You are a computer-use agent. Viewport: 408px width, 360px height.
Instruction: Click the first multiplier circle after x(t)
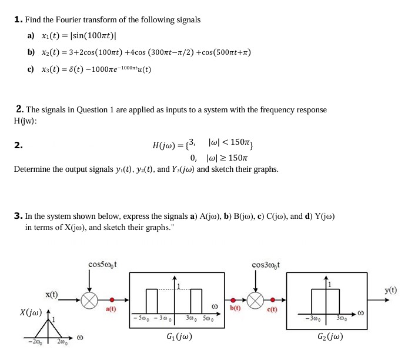click(89, 300)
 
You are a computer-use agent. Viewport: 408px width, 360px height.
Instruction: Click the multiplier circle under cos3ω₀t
click(256, 300)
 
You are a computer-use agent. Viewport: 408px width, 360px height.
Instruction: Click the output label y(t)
click(390, 290)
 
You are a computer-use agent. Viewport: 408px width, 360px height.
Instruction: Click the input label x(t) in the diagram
click(52, 294)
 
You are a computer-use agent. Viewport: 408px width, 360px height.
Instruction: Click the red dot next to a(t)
click(111, 300)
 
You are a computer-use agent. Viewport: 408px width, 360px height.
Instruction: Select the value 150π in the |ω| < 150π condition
click(241, 143)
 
